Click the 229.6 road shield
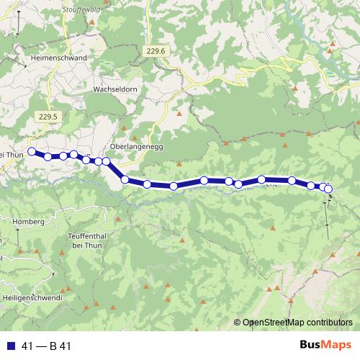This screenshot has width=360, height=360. pyautogui.click(x=155, y=50)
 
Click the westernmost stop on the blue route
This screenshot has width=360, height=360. pyautogui.click(x=31, y=151)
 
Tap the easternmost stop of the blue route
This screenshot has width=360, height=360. pyautogui.click(x=328, y=189)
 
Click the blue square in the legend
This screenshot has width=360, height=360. pyautogui.click(x=11, y=346)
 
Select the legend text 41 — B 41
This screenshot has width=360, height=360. pyautogui.click(x=46, y=346)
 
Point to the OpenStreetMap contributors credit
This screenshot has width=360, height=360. pyautogui.click(x=297, y=323)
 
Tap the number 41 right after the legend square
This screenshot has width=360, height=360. pyautogui.click(x=27, y=346)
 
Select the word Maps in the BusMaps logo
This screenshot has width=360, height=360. pyautogui.click(x=335, y=346)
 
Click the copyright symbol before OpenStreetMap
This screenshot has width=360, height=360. pyautogui.click(x=238, y=323)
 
